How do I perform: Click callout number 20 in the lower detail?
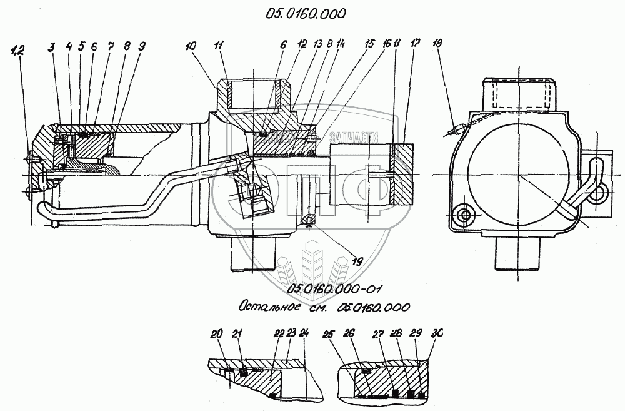216,334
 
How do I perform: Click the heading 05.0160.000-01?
335,288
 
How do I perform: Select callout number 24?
304,334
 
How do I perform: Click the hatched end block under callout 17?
404,174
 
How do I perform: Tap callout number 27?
378,334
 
